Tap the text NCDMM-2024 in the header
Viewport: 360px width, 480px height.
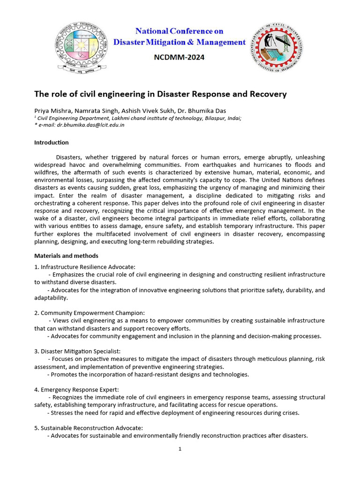pyautogui.click(x=180, y=58)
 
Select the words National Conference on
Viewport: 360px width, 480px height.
pyautogui.click(x=180, y=31)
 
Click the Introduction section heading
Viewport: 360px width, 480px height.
pyautogui.click(x=52, y=142)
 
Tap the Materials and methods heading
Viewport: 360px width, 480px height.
pyautogui.click(x=66, y=256)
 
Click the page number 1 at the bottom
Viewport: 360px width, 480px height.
pyautogui.click(x=180, y=449)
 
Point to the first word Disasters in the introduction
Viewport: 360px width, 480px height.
pyautogui.click(x=69, y=157)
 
